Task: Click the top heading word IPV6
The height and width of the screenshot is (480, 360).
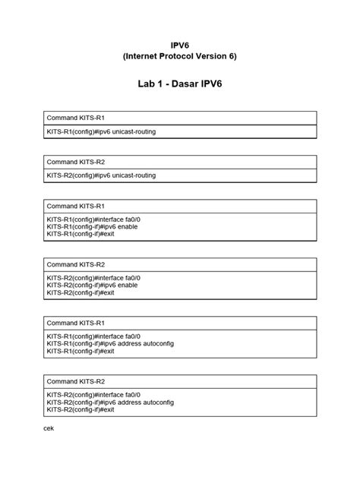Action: coord(179,46)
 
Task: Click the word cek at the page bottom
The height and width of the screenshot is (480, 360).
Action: coord(49,428)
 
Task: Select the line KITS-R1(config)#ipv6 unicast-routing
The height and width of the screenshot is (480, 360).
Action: coord(101,131)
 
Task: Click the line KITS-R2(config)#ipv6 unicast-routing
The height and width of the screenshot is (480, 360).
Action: coord(101,175)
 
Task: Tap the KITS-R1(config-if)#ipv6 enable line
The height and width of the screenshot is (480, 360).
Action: coord(92,226)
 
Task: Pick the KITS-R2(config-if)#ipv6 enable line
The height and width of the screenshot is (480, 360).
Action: coord(92,285)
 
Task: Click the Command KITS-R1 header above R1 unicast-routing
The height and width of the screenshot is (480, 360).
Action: coord(76,118)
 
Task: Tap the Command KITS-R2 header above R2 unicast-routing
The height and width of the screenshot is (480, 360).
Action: coord(76,162)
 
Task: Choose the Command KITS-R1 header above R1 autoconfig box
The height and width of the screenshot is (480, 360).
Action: coord(76,323)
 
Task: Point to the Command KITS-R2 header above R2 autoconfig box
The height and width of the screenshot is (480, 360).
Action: coord(76,381)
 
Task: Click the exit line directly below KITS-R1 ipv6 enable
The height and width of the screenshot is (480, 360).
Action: coord(81,234)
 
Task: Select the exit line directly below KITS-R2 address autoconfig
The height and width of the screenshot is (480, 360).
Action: coord(81,409)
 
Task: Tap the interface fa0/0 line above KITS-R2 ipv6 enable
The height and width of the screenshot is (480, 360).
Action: coord(93,278)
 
